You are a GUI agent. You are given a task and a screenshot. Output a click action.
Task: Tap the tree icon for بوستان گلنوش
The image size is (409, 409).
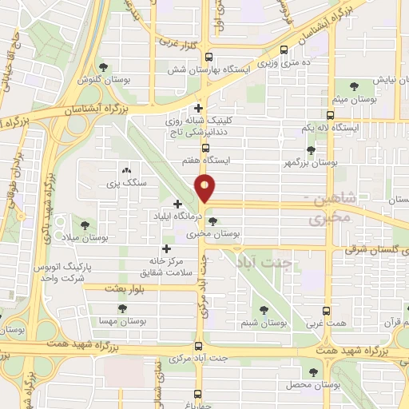(x=103, y=67)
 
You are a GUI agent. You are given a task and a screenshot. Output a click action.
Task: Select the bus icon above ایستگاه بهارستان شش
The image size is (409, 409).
(x=209, y=56)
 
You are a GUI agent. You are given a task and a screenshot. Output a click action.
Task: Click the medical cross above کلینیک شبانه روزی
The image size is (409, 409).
(x=199, y=108)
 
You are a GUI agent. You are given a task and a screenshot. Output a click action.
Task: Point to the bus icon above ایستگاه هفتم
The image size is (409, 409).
(x=206, y=147)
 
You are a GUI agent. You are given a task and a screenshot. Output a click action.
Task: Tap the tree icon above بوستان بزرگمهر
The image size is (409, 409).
(x=311, y=149)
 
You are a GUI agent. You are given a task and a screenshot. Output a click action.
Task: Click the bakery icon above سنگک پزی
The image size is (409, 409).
(x=125, y=170)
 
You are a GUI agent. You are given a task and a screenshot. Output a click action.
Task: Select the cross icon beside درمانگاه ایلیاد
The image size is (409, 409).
(x=177, y=204)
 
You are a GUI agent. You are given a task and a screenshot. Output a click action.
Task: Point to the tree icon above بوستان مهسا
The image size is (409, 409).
(x=121, y=308)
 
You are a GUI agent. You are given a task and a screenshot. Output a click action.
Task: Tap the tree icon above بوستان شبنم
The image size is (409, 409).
(x=264, y=310)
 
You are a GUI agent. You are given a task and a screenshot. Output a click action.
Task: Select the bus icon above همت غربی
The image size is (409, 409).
(x=328, y=310)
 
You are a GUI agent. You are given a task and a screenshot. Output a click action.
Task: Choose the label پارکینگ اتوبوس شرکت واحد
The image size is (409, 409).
(x=58, y=272)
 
